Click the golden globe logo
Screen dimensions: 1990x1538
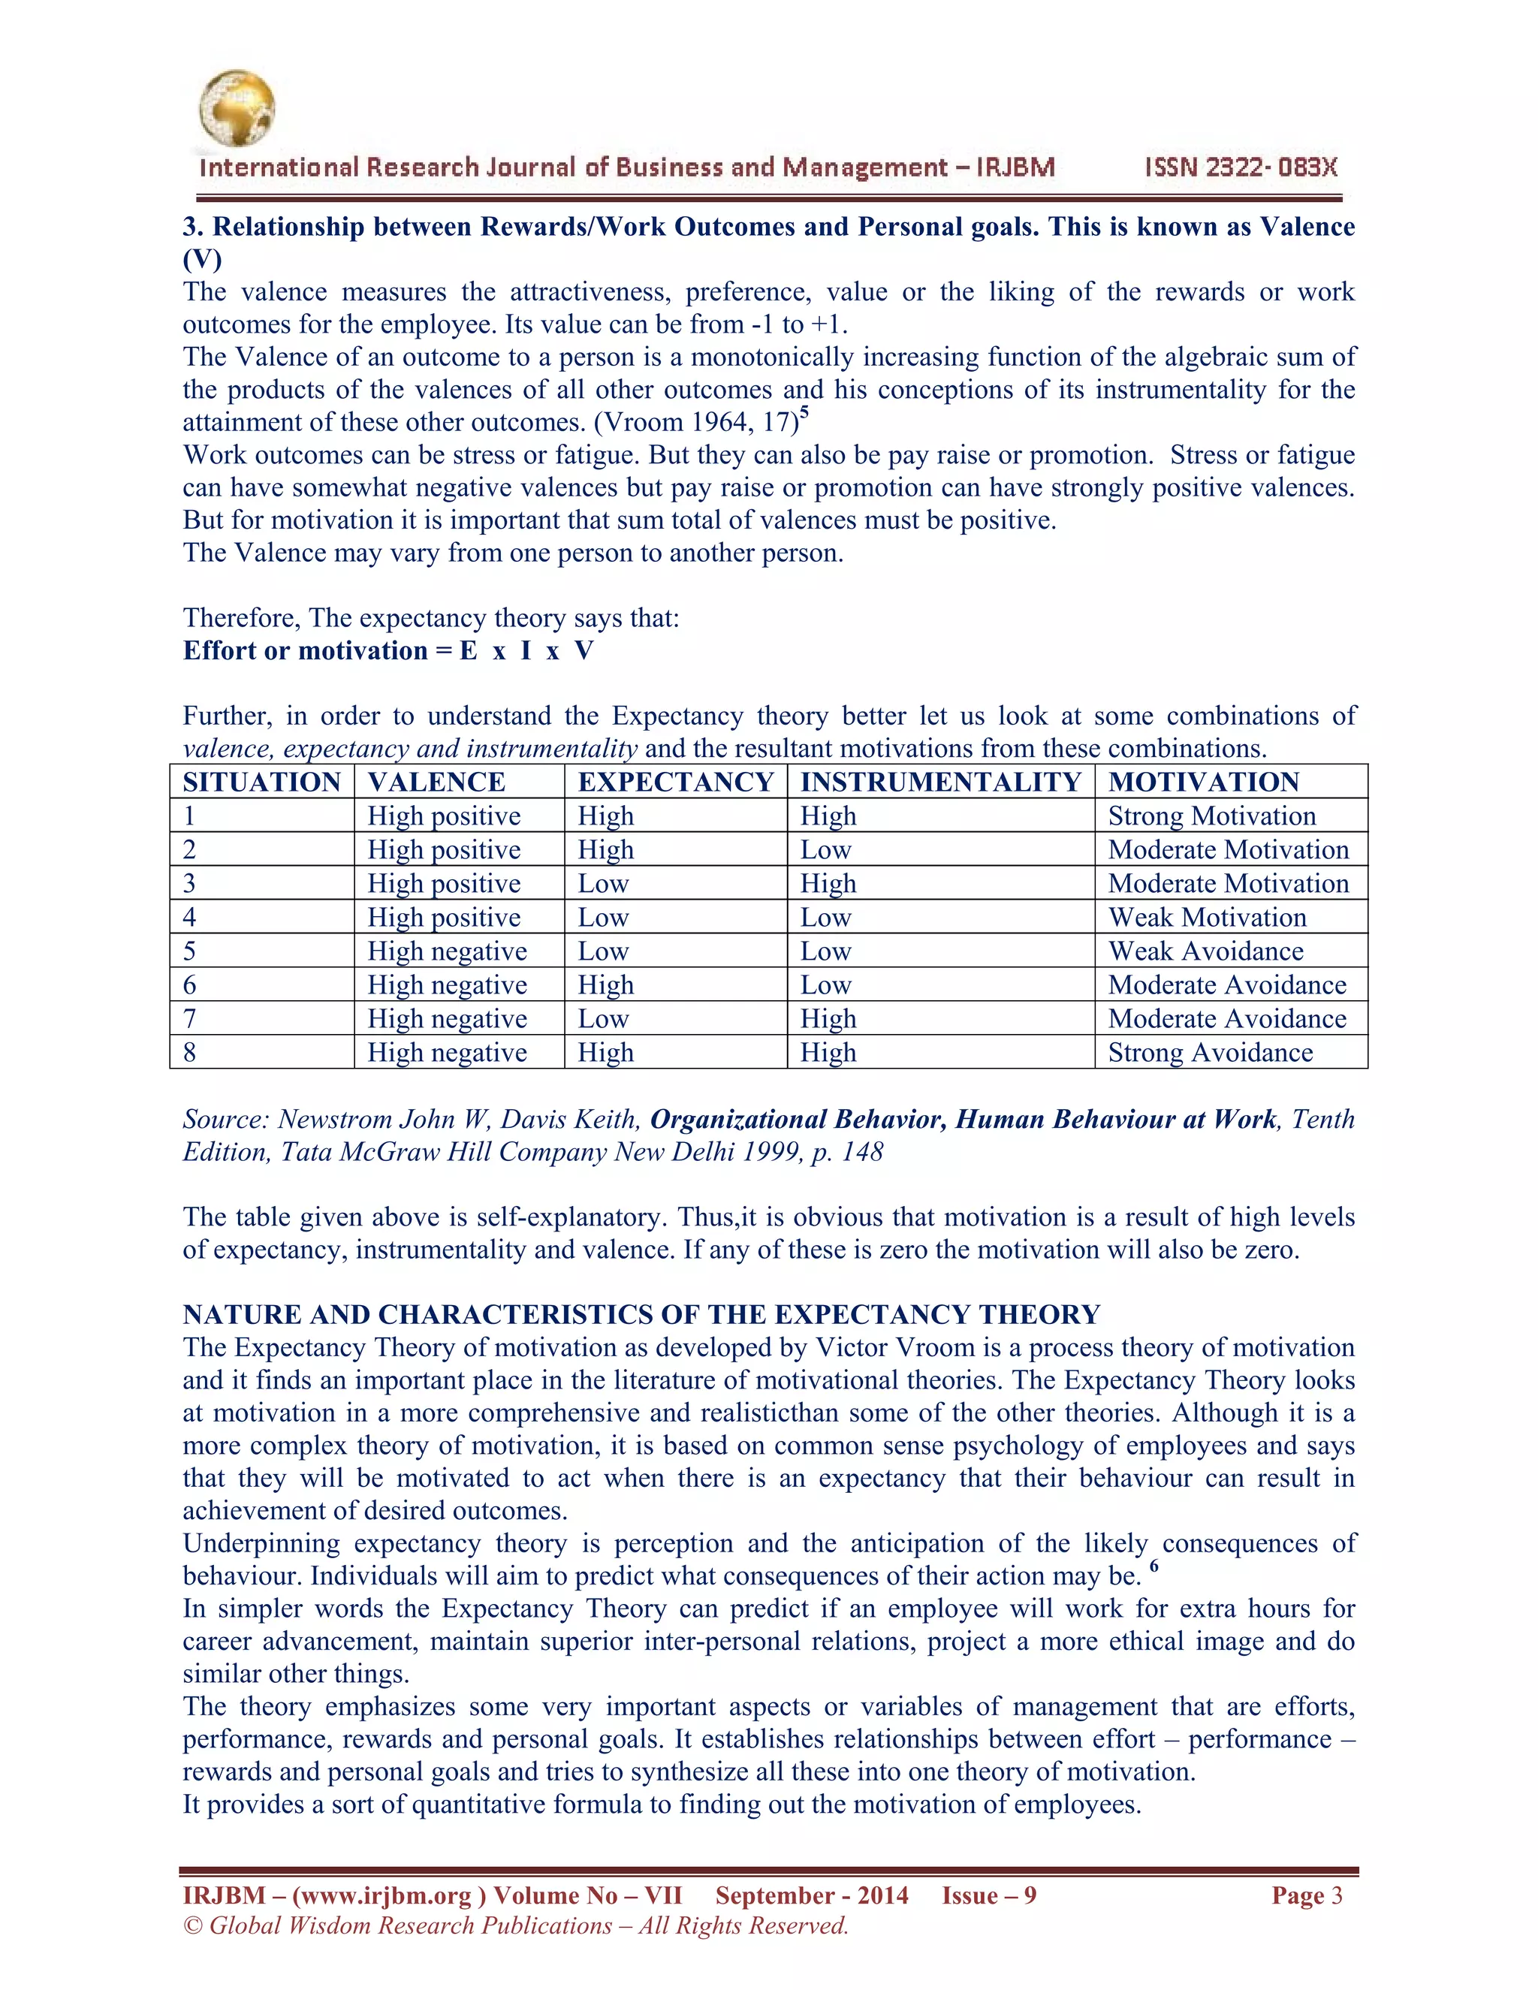[236, 108]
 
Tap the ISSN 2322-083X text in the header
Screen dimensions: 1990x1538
[1241, 167]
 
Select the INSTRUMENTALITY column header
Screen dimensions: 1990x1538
[940, 782]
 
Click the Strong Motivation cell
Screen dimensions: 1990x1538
[1212, 816]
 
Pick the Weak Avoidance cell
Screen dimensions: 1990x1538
[1205, 951]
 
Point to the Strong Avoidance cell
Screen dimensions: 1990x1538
[1210, 1052]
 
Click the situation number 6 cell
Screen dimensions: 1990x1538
[189, 985]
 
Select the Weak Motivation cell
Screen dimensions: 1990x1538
[1208, 918]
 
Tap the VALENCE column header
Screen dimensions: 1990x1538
[436, 782]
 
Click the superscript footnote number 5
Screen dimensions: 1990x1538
[804, 413]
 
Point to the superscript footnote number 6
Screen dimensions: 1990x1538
[1153, 1566]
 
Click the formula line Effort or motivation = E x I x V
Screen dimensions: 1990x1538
[388, 650]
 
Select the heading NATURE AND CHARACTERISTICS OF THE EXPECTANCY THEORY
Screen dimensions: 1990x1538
[641, 1315]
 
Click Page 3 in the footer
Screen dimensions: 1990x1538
[1307, 1895]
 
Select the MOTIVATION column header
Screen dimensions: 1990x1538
[1204, 782]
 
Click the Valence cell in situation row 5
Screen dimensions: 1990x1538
[447, 951]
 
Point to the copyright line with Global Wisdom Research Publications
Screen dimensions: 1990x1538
[516, 1925]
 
